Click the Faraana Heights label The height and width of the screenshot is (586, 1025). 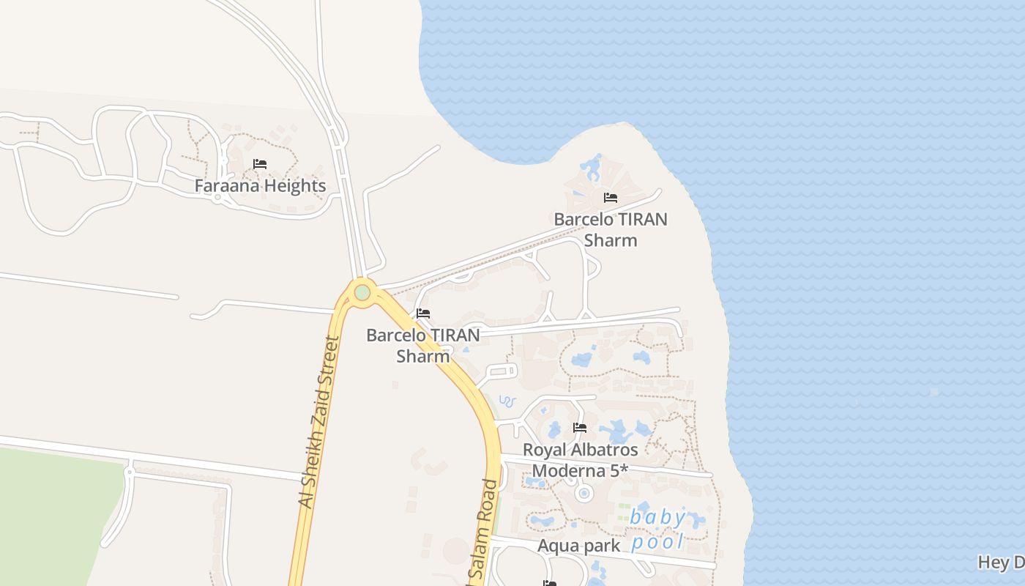(260, 186)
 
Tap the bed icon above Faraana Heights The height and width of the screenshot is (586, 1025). (260, 164)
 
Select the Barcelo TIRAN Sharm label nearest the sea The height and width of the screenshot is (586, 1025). (611, 229)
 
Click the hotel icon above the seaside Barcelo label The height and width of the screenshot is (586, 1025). (610, 198)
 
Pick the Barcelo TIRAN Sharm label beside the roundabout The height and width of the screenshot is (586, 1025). (423, 345)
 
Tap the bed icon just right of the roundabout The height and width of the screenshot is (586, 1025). (422, 314)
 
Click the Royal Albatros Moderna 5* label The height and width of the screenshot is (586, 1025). (580, 460)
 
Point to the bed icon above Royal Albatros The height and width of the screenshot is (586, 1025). (580, 428)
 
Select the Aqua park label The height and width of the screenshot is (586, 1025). (578, 546)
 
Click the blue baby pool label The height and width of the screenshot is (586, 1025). (658, 530)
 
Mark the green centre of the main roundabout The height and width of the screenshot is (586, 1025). (362, 293)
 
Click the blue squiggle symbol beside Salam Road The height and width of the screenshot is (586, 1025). (507, 401)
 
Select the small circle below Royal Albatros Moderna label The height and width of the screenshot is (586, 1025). (584, 494)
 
